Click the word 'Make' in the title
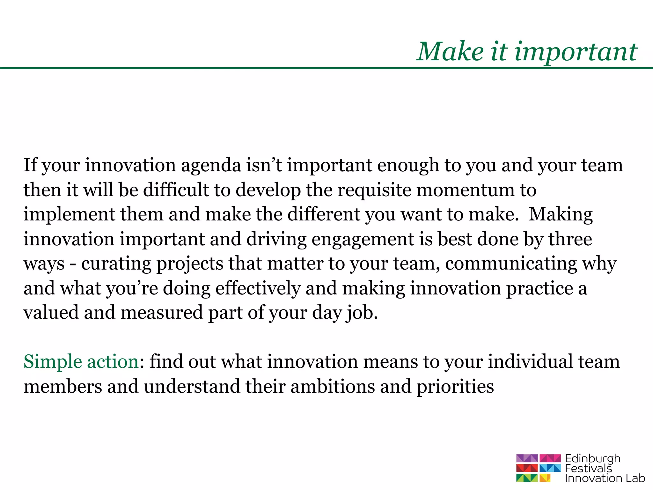pyautogui.click(x=450, y=52)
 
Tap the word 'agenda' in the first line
pyautogui.click(x=211, y=165)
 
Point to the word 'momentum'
pyautogui.click(x=466, y=190)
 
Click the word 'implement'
pyautogui.click(x=69, y=215)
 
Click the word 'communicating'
pyautogui.click(x=511, y=264)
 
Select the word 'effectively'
pyautogui.click(x=258, y=288)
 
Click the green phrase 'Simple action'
pyautogui.click(x=81, y=362)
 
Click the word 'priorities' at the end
pyautogui.click(x=455, y=387)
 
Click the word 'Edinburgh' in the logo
pyautogui.click(x=592, y=459)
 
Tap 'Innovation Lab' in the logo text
pyautogui.click(x=605, y=478)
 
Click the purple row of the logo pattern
pyautogui.click(x=538, y=458)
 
